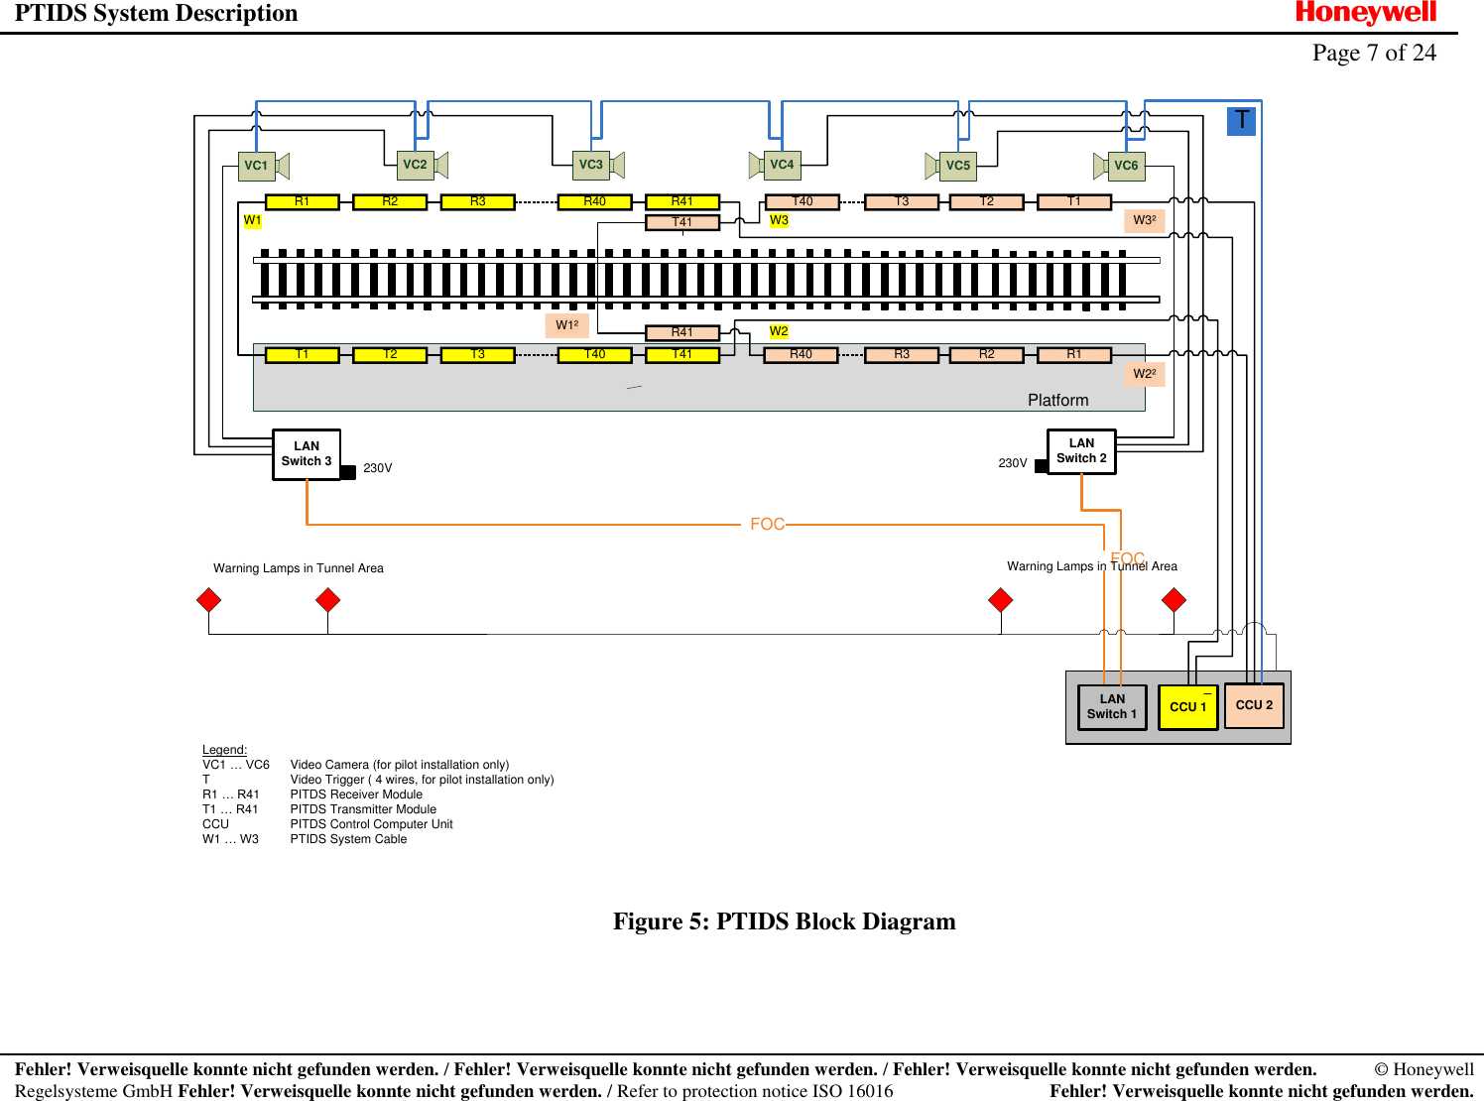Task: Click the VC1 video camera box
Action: tap(256, 166)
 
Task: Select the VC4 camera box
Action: tap(782, 165)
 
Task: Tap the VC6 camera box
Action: tap(1126, 166)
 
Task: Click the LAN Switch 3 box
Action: tap(307, 454)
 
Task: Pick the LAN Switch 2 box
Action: tap(1081, 451)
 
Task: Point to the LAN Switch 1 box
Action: tap(1112, 707)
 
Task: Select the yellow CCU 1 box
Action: tap(1187, 707)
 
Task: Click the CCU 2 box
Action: tap(1254, 705)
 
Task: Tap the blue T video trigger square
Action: tap(1241, 121)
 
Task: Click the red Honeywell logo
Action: tap(1365, 13)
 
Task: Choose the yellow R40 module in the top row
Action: tap(594, 201)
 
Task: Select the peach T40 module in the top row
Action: tap(803, 201)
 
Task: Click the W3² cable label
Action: tap(1144, 220)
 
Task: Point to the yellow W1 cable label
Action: tap(253, 220)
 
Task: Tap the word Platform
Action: tap(1057, 400)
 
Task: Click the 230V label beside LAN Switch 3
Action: tap(377, 468)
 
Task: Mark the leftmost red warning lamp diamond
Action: tap(209, 600)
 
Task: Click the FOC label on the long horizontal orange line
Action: tap(767, 524)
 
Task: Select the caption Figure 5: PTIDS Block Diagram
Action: tap(784, 921)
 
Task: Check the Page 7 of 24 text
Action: tap(1374, 53)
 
